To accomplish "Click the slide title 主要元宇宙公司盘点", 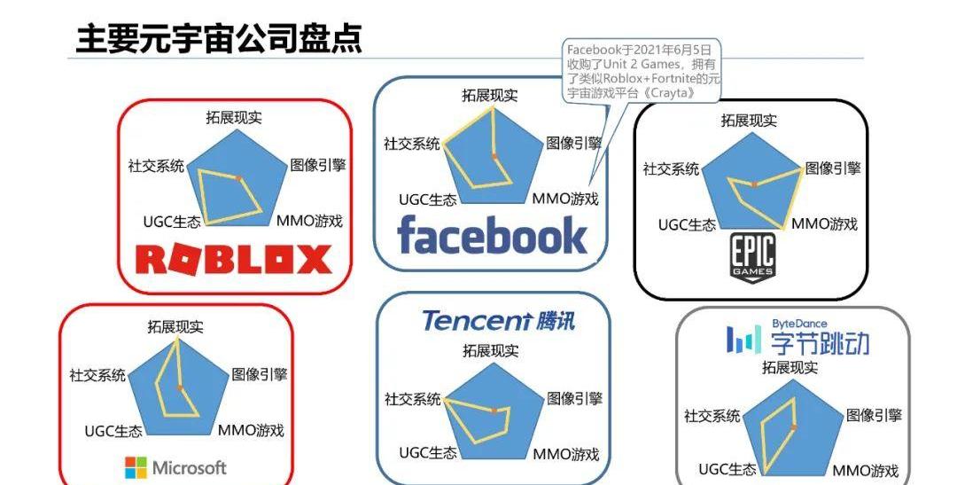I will tap(218, 38).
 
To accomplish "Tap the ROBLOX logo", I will tap(234, 260).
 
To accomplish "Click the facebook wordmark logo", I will tap(492, 236).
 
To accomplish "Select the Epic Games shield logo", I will tap(751, 258).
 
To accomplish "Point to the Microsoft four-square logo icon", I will tap(136, 467).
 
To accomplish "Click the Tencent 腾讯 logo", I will tap(498, 320).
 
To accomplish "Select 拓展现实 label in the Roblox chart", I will tap(234, 118).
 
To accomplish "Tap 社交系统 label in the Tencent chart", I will tap(412, 399).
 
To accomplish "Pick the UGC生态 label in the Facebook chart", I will tap(428, 199).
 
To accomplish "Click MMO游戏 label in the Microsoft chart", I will tap(252, 431).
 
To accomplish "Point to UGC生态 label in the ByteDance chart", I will tap(727, 469).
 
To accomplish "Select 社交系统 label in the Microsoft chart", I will tap(97, 374).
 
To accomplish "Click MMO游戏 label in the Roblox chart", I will tap(309, 222).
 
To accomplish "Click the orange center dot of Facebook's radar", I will tap(495, 157).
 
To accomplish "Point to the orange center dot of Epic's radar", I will tap(754, 183).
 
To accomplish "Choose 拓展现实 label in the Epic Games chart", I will tap(749, 121).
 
